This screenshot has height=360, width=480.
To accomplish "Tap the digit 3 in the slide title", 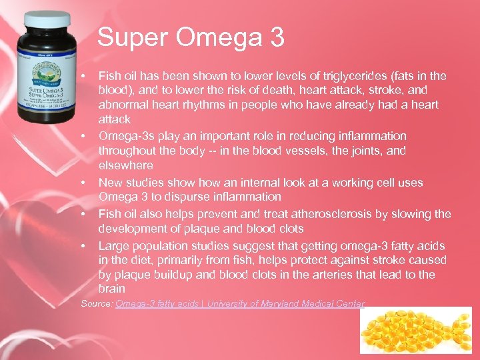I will pos(276,37).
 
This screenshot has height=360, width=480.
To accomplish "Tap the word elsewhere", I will pos(125,165).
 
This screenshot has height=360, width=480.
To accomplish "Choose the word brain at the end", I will pos(111,289).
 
